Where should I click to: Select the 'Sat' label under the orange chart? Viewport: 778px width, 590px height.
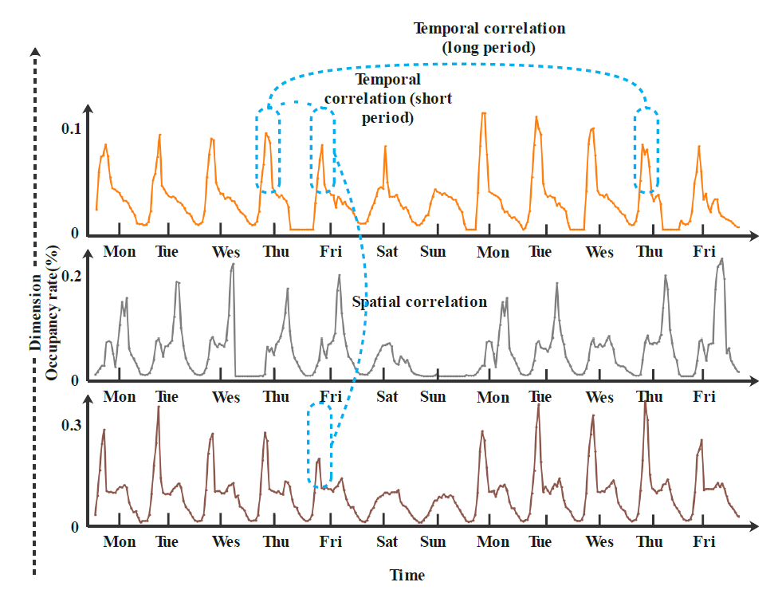(387, 252)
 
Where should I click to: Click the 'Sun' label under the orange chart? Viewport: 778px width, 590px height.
(433, 252)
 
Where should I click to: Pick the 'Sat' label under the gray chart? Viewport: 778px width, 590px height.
(387, 396)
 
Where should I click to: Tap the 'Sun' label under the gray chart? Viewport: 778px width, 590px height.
(433, 396)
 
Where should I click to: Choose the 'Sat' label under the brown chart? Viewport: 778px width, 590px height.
(387, 542)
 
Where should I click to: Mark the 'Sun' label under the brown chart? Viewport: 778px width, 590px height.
(433, 542)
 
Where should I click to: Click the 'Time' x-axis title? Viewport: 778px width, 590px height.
(407, 575)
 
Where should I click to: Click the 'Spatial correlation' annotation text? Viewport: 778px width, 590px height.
(419, 302)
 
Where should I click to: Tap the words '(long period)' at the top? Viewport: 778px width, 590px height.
(488, 49)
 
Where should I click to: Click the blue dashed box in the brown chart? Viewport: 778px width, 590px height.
(320, 445)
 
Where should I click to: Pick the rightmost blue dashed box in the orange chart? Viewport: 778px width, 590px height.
(646, 150)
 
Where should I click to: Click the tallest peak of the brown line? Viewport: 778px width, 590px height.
(644, 403)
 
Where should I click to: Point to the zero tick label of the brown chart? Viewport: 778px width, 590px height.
(77, 527)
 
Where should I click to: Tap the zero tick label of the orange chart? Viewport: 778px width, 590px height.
(77, 234)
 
